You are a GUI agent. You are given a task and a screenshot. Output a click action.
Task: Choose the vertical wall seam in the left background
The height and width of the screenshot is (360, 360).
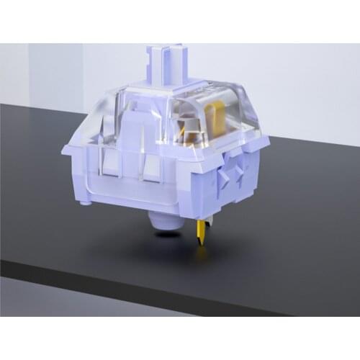coord(29,72)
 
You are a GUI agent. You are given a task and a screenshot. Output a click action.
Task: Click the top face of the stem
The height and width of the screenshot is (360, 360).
coord(167,48)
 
